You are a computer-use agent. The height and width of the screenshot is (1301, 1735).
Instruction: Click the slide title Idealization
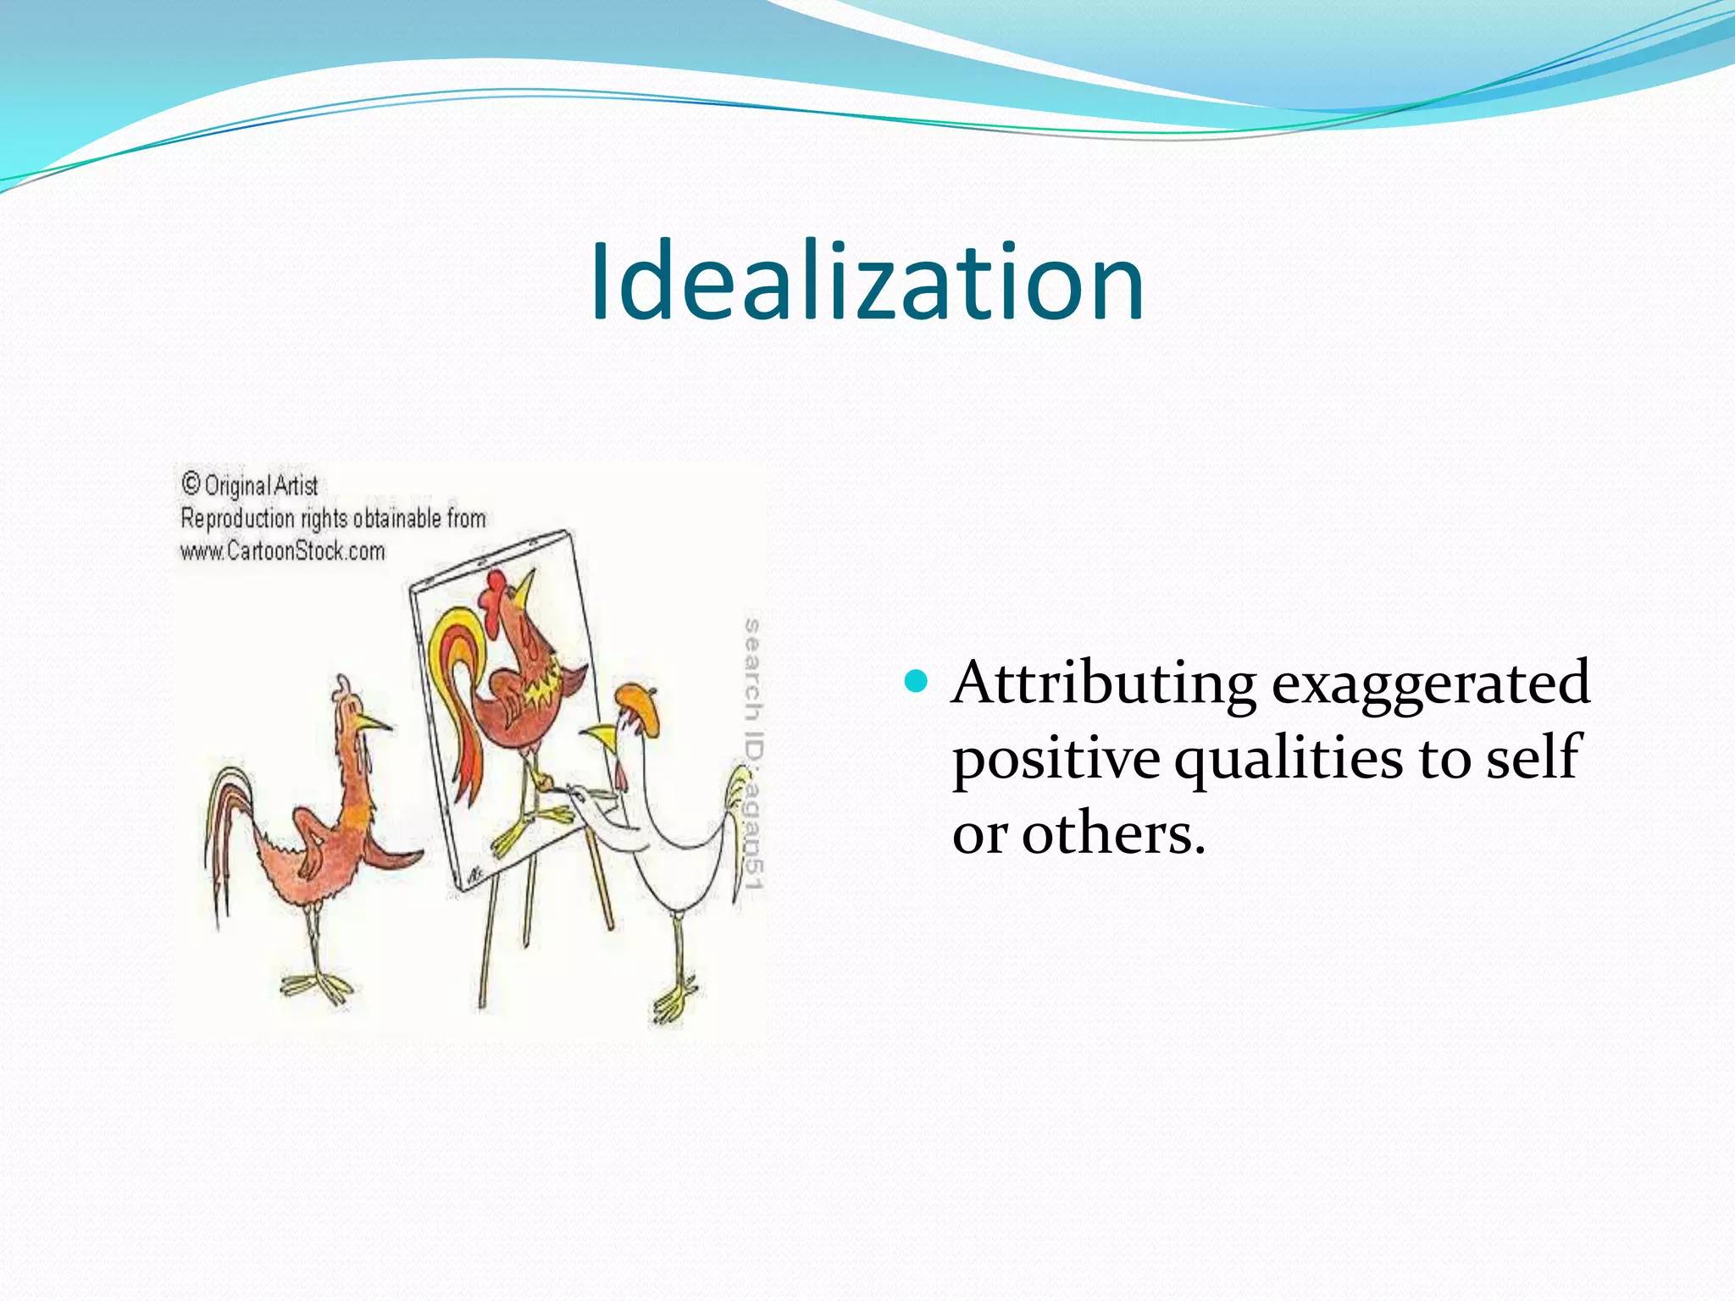(x=867, y=282)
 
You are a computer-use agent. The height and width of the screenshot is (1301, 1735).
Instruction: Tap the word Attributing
(x=1103, y=683)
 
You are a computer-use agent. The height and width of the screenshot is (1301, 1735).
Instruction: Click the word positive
(x=1056, y=758)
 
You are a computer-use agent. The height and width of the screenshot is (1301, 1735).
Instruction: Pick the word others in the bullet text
(x=1112, y=833)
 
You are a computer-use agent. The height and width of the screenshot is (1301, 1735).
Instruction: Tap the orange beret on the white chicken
(x=636, y=705)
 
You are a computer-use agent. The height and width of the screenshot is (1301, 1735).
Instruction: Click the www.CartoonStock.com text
(x=282, y=551)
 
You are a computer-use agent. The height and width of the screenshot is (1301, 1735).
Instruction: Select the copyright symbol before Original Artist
(x=191, y=484)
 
